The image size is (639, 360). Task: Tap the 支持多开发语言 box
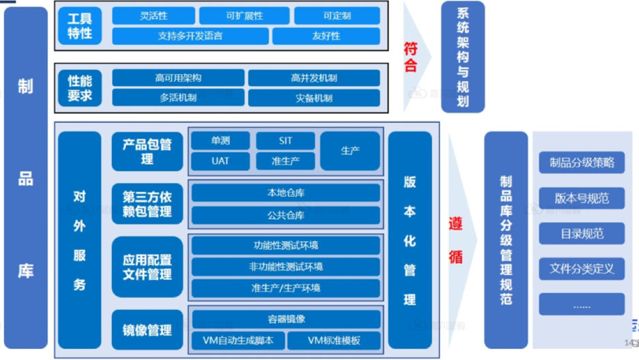point(190,36)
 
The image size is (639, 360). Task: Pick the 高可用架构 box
point(177,78)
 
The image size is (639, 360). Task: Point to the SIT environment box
point(285,141)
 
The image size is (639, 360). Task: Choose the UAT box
point(220,161)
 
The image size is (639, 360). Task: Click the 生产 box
point(350,151)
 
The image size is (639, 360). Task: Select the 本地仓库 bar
point(285,193)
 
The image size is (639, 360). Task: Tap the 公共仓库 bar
point(285,215)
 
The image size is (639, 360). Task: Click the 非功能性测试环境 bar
point(285,266)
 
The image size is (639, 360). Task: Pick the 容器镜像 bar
point(285,319)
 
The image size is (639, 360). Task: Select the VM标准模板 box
point(334,340)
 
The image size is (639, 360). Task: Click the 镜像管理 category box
point(147,330)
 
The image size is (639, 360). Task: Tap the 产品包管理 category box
point(147,151)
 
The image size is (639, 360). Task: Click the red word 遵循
point(455,240)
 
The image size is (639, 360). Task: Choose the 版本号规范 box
point(581,198)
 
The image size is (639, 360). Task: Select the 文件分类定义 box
point(581,268)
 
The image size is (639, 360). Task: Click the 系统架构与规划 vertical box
point(463,57)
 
